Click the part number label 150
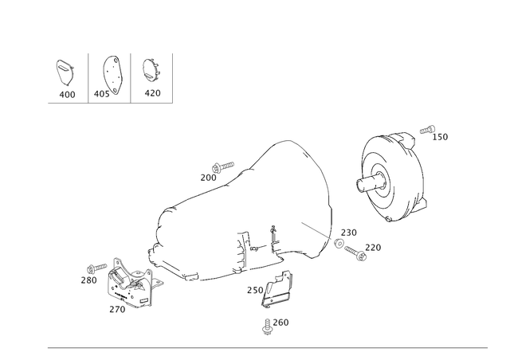click(x=440, y=137)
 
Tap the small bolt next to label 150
click(x=427, y=130)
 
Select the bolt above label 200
click(x=223, y=166)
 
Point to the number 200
click(x=208, y=178)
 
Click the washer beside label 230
click(x=339, y=243)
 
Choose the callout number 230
click(x=349, y=233)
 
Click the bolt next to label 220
click(x=355, y=253)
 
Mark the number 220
click(x=373, y=248)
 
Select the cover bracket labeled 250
click(x=277, y=289)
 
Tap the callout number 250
click(x=255, y=290)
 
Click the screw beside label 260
click(x=268, y=327)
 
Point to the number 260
click(x=280, y=323)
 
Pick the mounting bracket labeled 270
click(x=133, y=284)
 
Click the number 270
click(x=117, y=309)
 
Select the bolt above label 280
click(x=97, y=268)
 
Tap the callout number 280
click(x=88, y=280)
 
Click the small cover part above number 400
click(x=65, y=72)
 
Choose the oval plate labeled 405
click(x=112, y=76)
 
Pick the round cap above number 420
click(x=151, y=69)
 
